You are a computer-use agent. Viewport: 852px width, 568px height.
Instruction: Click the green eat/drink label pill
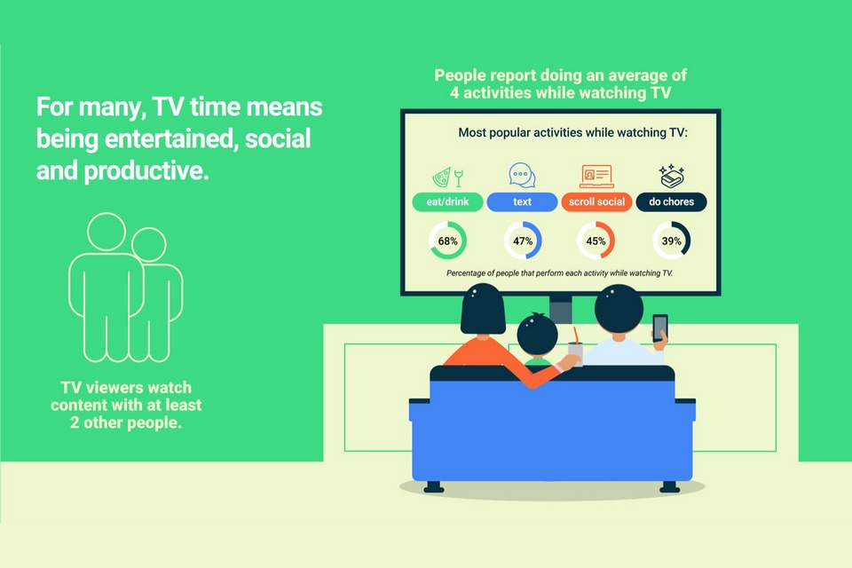coord(447,201)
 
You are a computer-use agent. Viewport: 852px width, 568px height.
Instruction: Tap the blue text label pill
coord(522,201)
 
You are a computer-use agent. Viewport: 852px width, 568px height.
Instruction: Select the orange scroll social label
coord(596,201)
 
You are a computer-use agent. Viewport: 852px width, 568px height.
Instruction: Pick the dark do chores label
coord(671,201)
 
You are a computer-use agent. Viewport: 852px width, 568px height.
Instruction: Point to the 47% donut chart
coord(539,241)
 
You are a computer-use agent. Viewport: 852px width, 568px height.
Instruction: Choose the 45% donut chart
coord(611,241)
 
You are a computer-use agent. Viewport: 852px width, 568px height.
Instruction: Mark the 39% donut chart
coord(687,241)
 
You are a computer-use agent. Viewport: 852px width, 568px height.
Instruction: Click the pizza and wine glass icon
coord(447,177)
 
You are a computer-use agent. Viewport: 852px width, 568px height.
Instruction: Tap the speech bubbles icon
coord(522,175)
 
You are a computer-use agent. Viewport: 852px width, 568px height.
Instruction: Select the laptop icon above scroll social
coord(596,176)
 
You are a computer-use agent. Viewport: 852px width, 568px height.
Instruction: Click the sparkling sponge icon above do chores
coord(672,176)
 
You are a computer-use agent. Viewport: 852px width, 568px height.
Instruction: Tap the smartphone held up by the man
coord(659,327)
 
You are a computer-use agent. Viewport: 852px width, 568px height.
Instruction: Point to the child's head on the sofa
coord(537,335)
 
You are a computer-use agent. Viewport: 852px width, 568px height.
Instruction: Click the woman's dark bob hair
coord(483,310)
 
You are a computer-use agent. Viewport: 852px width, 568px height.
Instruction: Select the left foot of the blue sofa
coord(434,486)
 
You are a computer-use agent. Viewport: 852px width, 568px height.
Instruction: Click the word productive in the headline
coord(146,170)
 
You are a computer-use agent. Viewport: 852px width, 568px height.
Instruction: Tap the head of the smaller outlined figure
coord(149,245)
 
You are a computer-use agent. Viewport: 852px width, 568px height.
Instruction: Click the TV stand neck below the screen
coord(560,309)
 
